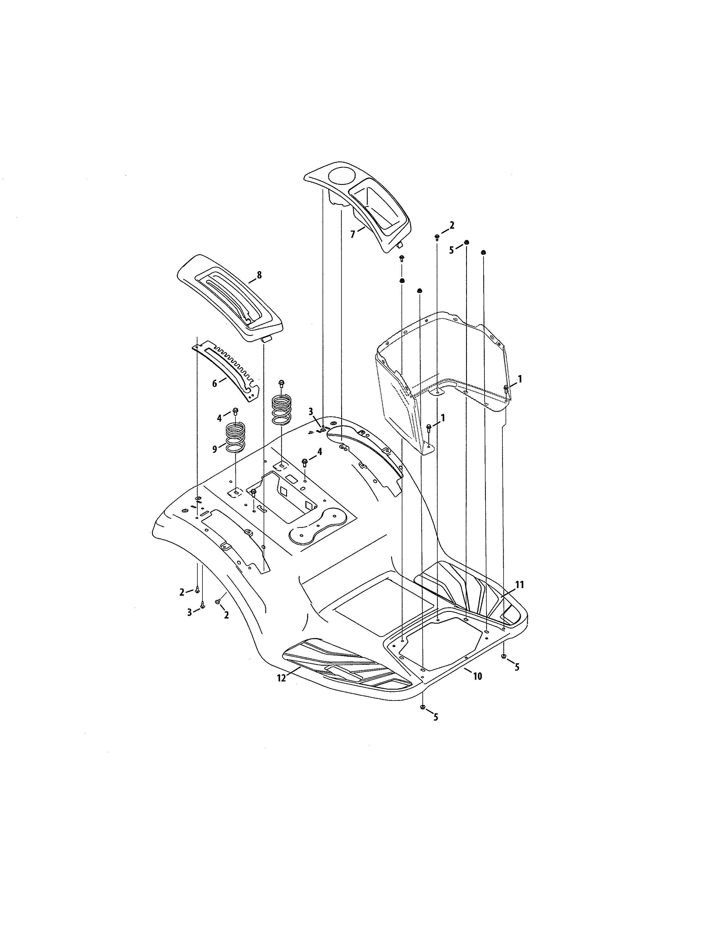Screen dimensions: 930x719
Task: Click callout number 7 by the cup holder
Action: [x=352, y=234]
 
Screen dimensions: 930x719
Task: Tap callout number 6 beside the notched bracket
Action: [x=215, y=384]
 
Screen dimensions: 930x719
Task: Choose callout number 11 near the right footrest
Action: [x=520, y=585]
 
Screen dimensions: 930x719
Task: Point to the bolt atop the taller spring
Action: [x=281, y=383]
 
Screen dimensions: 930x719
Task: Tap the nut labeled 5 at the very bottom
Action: [x=423, y=707]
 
